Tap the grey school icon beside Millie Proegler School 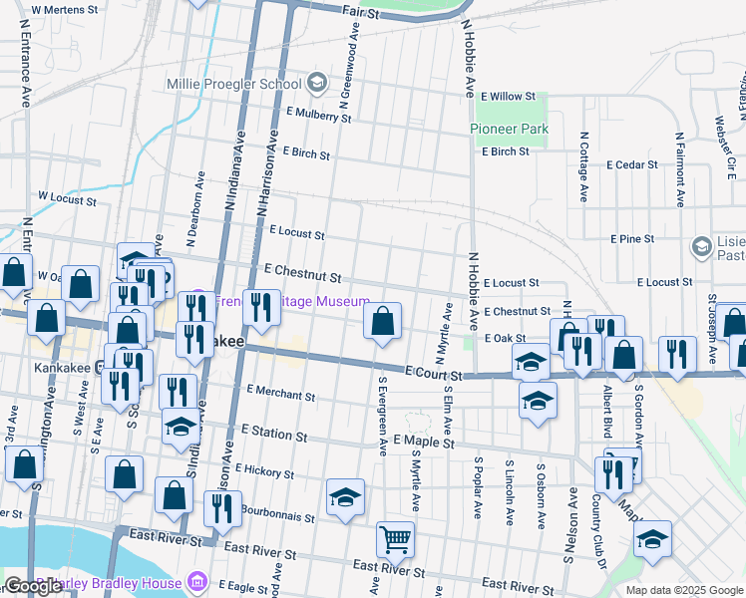coord(317,83)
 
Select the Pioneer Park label coord(510,130)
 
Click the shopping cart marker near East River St coord(395,540)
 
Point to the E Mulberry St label coord(318,117)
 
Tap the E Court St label coord(433,372)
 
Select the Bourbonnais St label coord(276,513)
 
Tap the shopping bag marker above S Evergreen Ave coord(382,321)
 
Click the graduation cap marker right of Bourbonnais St coord(345,497)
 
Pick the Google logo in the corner coord(33,586)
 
